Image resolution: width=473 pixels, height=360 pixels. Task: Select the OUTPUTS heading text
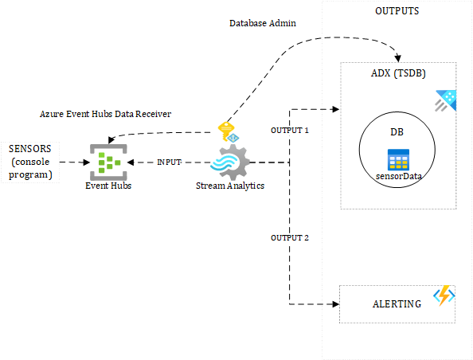(397, 11)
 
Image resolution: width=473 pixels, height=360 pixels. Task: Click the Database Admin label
(262, 24)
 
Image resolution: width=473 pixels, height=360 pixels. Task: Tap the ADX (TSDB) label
(397, 73)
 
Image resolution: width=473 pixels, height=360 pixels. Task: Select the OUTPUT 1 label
(290, 129)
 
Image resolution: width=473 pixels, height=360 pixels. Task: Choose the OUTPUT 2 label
(290, 237)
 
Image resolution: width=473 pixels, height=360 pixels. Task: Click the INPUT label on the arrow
(169, 162)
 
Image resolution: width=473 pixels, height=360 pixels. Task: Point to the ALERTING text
(397, 303)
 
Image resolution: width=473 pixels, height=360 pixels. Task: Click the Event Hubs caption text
(108, 186)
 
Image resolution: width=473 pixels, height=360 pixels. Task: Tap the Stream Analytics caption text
(229, 186)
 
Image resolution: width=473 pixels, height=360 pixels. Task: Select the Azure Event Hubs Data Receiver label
(105, 114)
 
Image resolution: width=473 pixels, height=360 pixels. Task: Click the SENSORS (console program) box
(30, 162)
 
